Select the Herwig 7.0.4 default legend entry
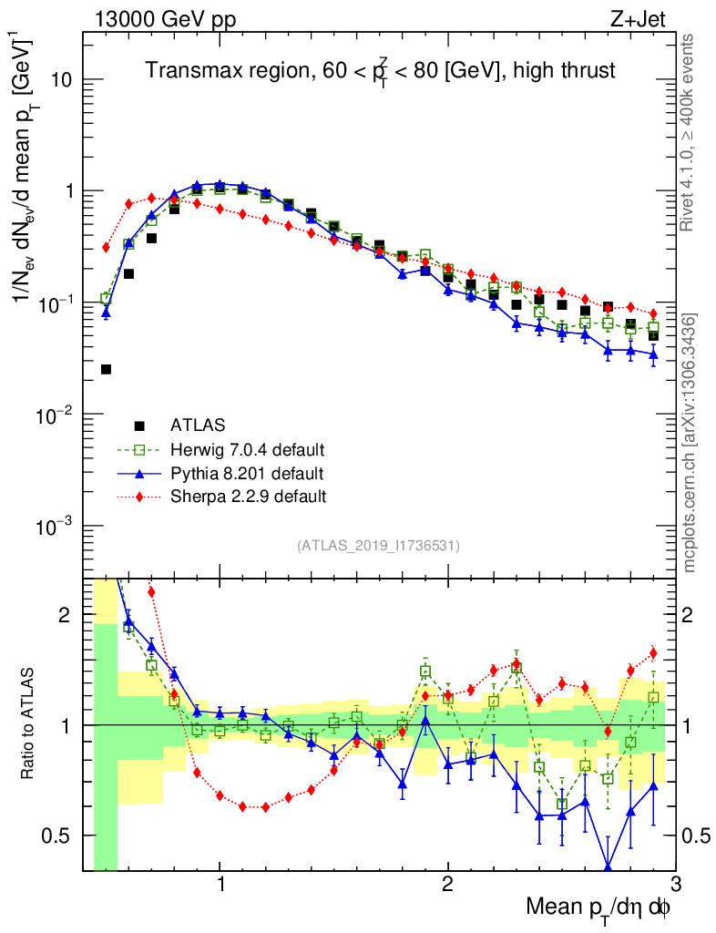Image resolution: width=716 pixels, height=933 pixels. click(247, 449)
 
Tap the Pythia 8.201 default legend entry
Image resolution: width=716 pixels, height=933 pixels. click(246, 473)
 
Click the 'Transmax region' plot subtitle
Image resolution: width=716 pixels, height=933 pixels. click(382, 70)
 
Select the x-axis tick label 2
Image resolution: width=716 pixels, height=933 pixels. click(447, 887)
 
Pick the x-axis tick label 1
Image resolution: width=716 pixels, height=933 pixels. click(220, 887)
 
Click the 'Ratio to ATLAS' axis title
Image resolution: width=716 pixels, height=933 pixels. click(29, 723)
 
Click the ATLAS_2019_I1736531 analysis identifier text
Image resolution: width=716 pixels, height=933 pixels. click(378, 546)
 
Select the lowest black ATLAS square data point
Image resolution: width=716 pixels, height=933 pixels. click(106, 369)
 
